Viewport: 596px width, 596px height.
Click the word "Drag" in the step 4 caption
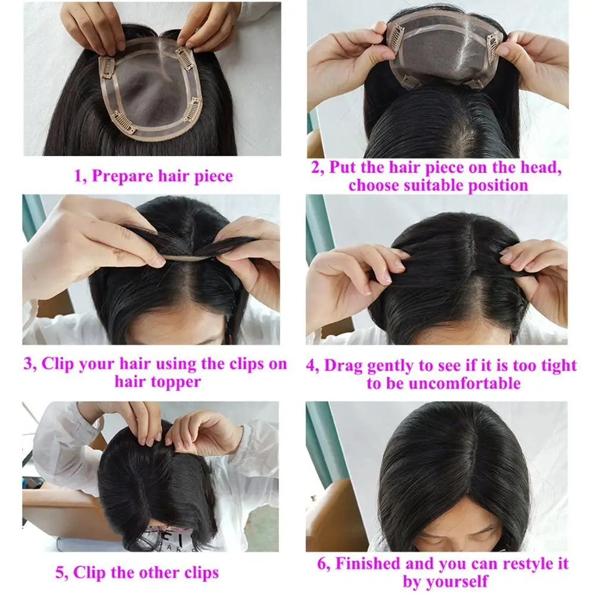pos(343,365)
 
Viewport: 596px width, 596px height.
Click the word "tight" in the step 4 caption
pos(555,365)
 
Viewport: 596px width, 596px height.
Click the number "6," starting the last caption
pos(324,563)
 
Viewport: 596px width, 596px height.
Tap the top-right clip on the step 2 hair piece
pos(493,43)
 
